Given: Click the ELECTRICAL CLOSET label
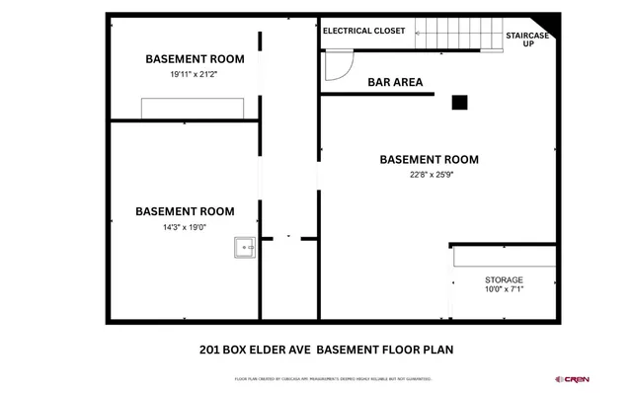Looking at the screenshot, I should tap(364, 32).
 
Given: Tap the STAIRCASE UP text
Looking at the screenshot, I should tap(528, 39).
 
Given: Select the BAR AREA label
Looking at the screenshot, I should tap(395, 83).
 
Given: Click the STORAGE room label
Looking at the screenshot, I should tap(503, 279).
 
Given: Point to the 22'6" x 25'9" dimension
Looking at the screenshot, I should tap(430, 175).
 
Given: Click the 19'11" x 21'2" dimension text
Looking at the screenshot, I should tap(195, 74).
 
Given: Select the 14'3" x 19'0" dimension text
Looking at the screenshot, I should tap(185, 227).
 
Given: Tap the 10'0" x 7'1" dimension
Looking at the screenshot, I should tap(503, 290).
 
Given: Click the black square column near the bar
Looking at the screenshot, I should tap(459, 101).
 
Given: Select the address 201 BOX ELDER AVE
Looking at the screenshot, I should tap(255, 350).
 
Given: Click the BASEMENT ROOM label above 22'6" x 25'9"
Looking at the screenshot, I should tap(430, 159).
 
